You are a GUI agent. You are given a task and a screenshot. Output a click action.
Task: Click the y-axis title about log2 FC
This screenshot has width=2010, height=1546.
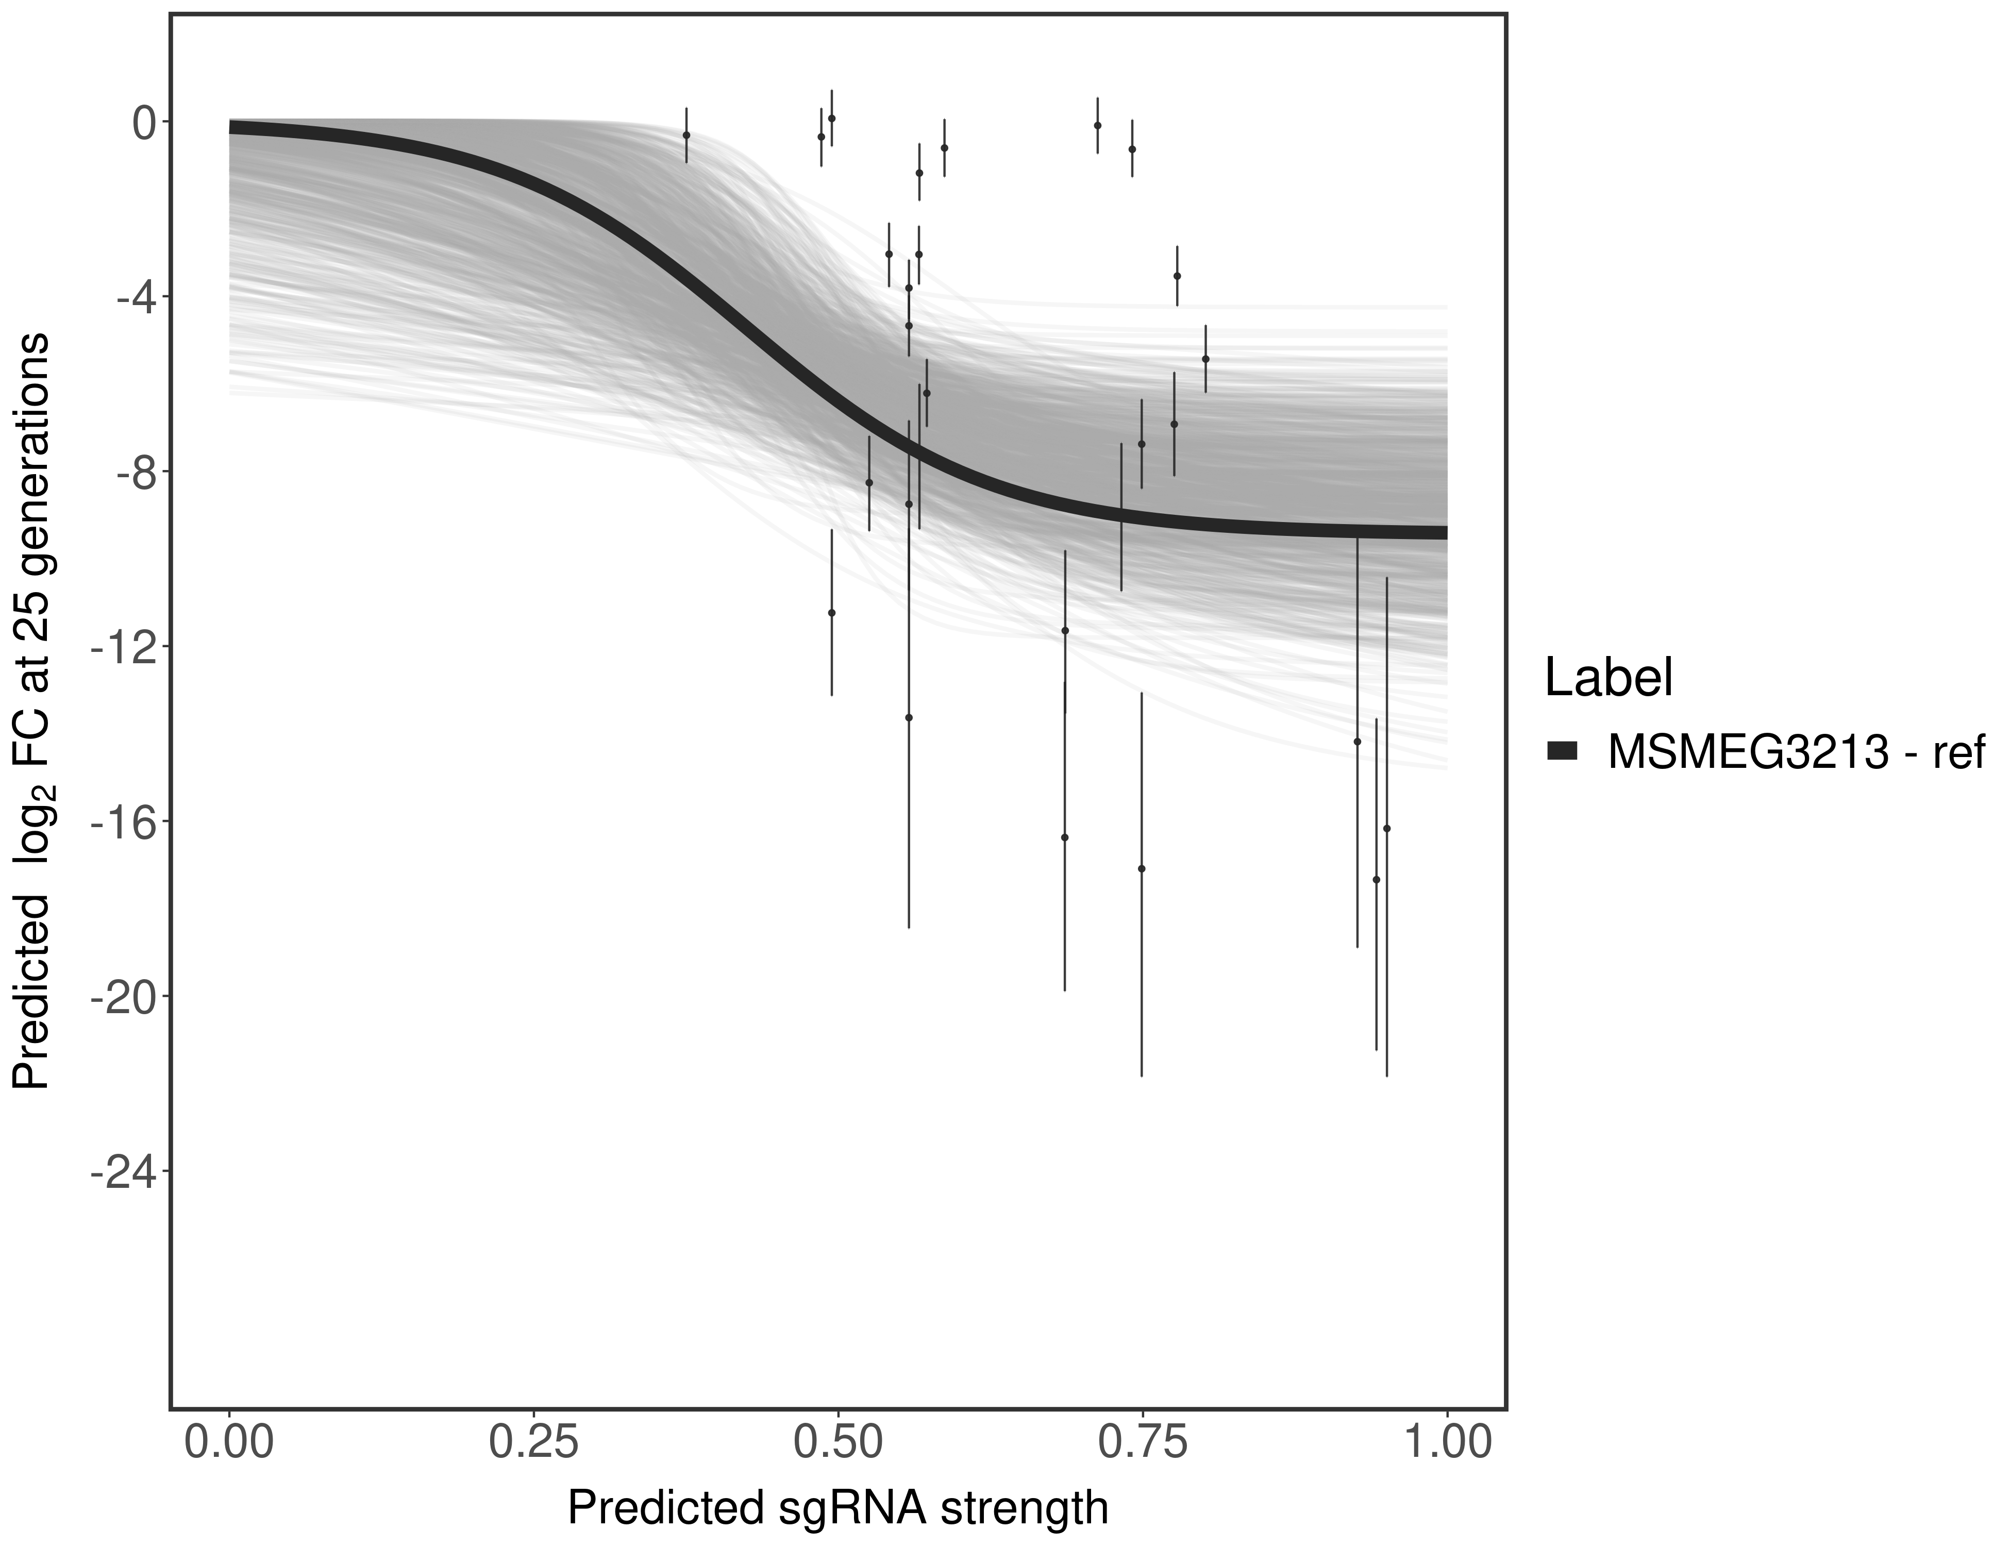(32, 711)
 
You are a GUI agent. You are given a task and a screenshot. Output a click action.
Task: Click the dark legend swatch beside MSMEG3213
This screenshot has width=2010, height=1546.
(1562, 752)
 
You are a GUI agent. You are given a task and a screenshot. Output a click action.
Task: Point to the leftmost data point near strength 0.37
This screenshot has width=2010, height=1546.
(685, 135)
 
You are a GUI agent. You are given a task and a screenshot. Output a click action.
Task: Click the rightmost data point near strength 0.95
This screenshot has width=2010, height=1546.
(1386, 828)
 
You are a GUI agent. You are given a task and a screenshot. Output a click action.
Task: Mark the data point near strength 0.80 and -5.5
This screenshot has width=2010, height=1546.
(1205, 359)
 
